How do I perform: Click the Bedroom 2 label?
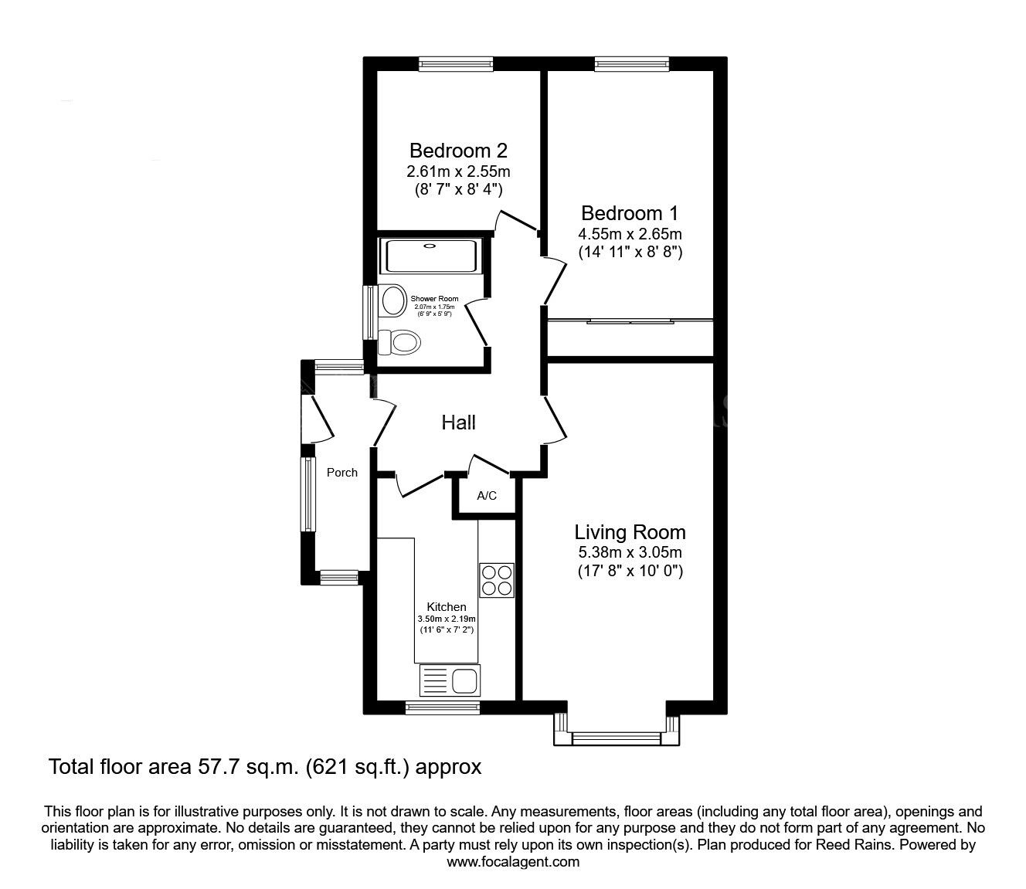coord(458,150)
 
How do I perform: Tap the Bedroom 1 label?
coord(630,213)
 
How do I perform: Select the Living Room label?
coord(630,532)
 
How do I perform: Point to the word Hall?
coord(459,422)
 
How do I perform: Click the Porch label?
coord(342,473)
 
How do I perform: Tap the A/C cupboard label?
coord(487,495)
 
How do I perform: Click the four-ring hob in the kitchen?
coord(496,580)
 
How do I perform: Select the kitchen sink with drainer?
coord(450,680)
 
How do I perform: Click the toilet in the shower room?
coord(399,342)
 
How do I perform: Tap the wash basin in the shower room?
coord(392,300)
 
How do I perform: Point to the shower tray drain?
coord(429,245)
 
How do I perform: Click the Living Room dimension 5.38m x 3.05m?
coord(630,551)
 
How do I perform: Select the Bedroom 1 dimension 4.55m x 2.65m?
coord(630,233)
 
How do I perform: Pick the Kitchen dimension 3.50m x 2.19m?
coord(447,619)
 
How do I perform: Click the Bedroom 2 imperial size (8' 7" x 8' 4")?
coord(459,189)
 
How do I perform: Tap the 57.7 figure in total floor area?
coord(215,767)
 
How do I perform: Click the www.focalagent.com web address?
coord(513,862)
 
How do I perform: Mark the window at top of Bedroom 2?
coord(456,64)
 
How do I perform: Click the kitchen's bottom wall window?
coord(443,707)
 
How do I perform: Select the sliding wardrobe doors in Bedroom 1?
coord(630,321)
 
